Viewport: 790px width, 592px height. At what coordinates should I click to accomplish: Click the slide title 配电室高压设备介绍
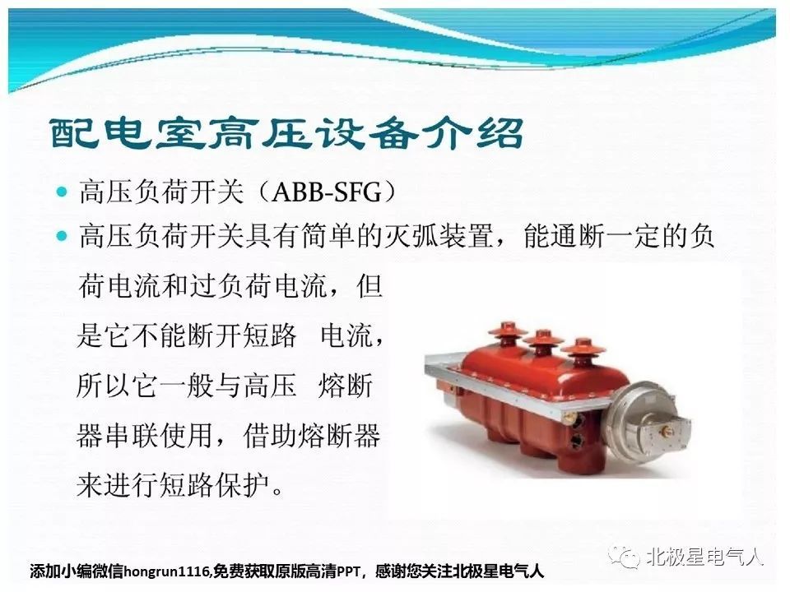pos(286,133)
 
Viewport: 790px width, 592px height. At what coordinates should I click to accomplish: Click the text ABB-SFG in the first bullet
pos(327,192)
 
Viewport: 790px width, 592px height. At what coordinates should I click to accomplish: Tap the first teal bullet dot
pos(62,192)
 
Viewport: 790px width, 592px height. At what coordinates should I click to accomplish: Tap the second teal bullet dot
pos(62,236)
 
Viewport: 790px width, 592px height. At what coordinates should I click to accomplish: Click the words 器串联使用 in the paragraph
pos(145,436)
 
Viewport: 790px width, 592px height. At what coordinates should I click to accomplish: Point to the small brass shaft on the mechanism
pos(666,429)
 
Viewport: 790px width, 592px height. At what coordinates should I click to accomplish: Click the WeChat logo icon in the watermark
pos(625,557)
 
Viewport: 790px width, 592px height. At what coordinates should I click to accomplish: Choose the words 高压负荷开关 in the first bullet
pos(161,192)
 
